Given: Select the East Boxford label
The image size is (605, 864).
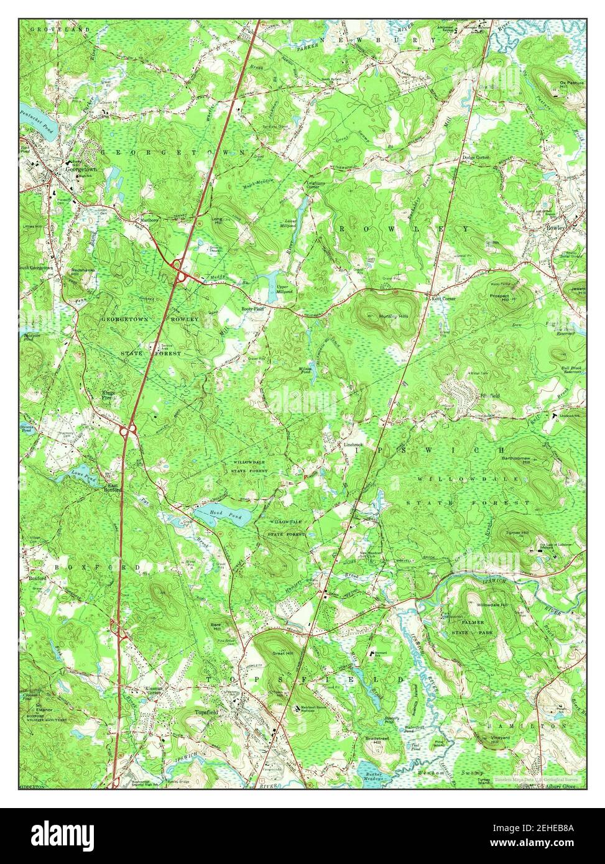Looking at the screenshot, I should click(112, 488).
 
